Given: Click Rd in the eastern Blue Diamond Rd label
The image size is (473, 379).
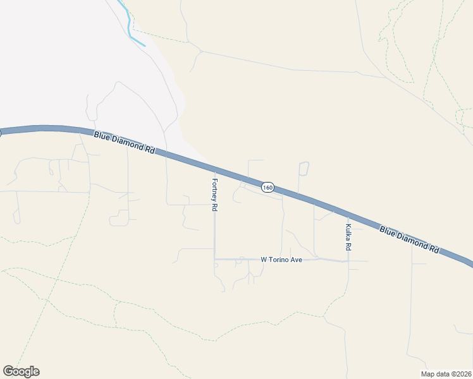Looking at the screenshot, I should [x=434, y=249].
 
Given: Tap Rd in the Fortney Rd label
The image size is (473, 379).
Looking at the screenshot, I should [x=214, y=207].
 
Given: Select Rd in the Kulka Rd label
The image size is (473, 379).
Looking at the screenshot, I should [x=348, y=244].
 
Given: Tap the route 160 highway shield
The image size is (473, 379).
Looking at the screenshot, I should [x=267, y=188].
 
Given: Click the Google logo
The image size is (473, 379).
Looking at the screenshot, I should [x=21, y=371].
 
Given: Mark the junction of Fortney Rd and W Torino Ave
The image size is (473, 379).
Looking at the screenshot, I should [x=214, y=258].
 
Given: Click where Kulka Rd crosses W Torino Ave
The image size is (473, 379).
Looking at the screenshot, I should [x=348, y=260].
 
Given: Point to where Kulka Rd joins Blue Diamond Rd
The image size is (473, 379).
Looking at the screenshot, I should [x=348, y=215].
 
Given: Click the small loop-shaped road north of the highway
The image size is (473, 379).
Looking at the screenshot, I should [x=304, y=169].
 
